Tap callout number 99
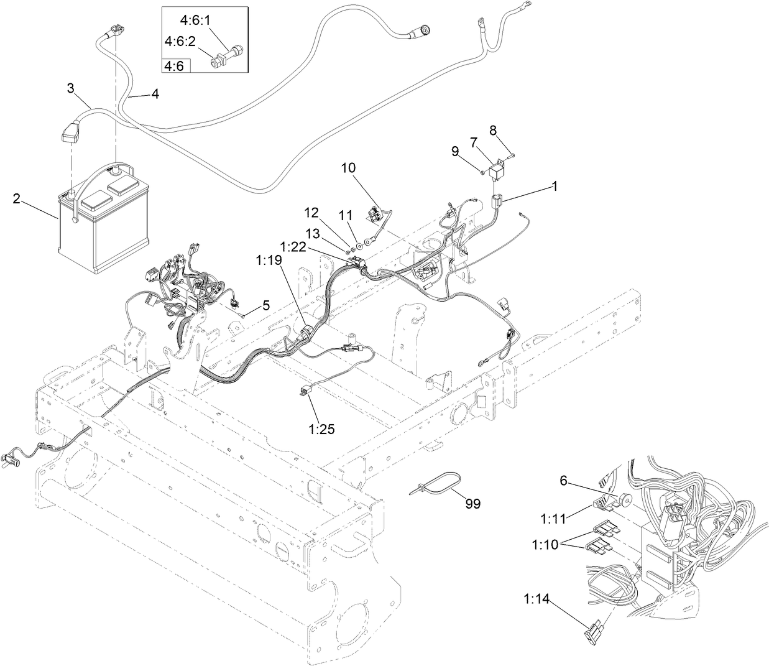pos(472,504)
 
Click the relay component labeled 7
pos(497,170)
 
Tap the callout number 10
pos(348,168)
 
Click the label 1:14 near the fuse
pos(535,599)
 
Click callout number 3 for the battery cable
pos(71,88)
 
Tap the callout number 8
pos(493,130)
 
